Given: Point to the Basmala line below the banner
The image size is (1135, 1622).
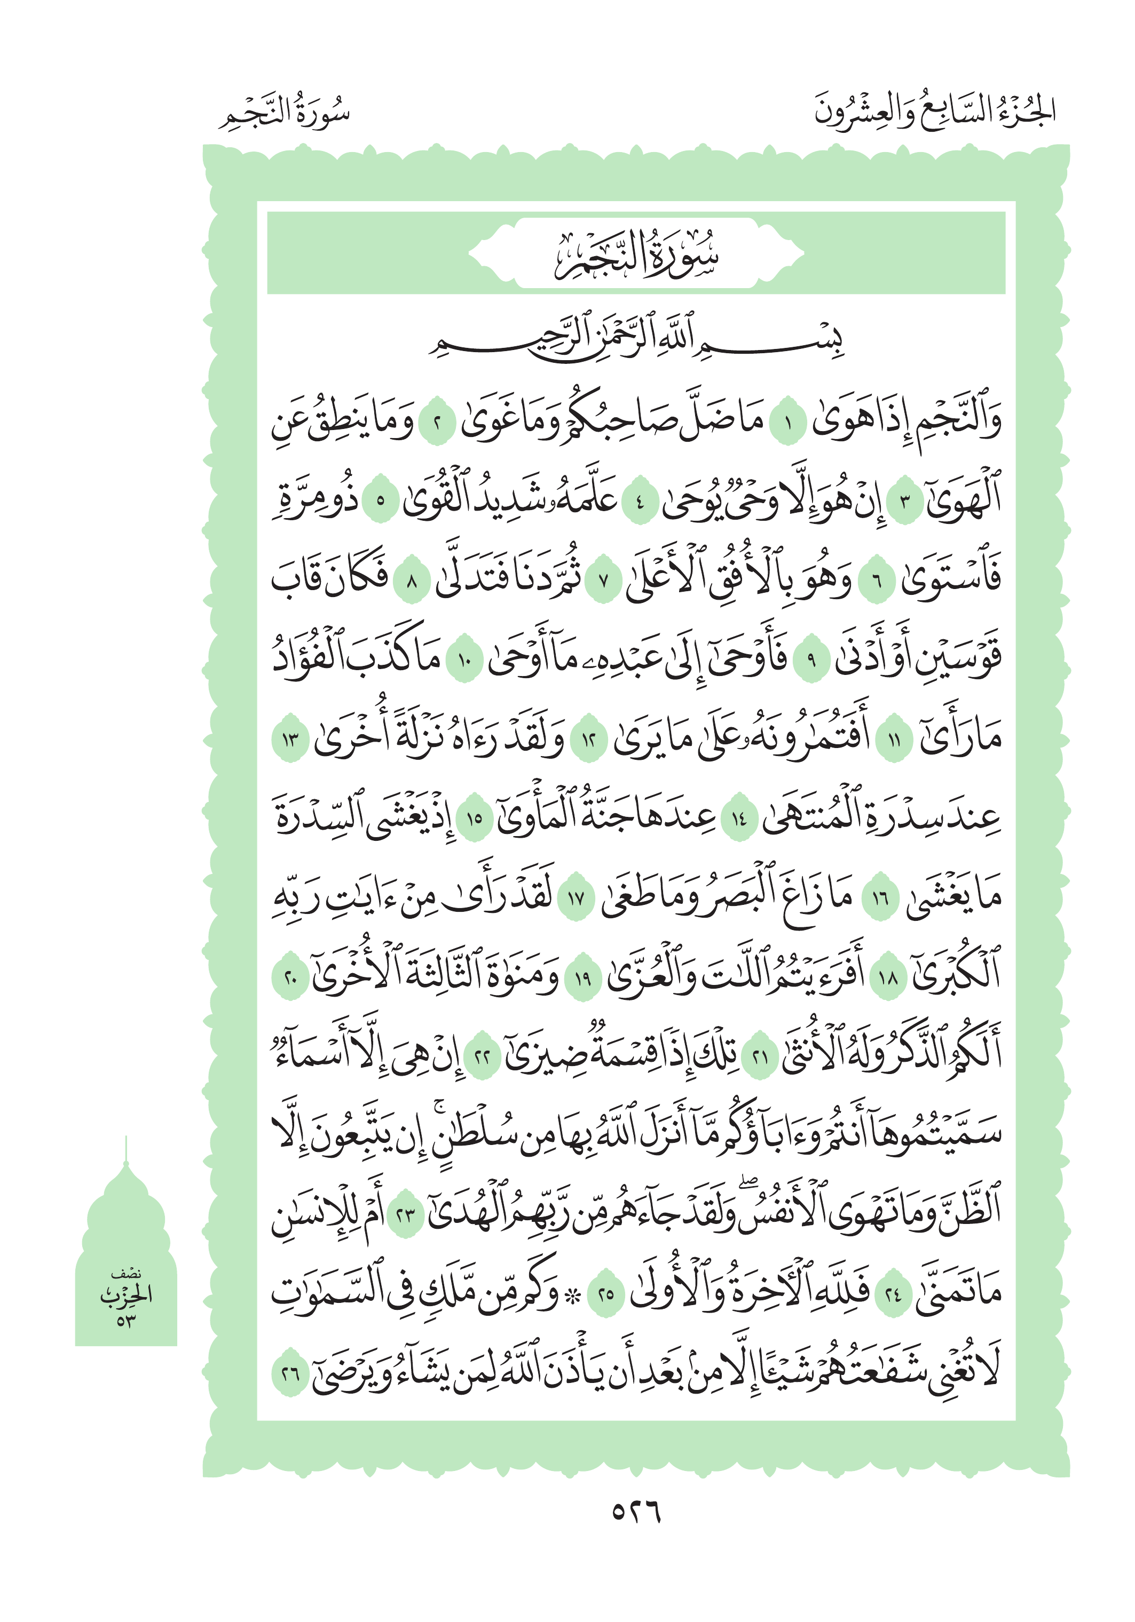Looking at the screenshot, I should click(x=635, y=340).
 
